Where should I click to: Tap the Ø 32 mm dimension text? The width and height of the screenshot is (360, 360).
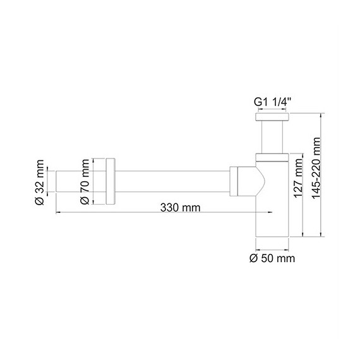[39, 183]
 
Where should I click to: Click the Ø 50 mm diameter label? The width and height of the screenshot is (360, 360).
[272, 258]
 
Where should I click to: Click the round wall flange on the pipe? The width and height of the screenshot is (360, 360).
[111, 182]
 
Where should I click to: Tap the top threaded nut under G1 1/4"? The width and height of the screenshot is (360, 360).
[272, 117]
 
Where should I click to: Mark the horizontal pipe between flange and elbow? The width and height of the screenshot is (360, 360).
[171, 182]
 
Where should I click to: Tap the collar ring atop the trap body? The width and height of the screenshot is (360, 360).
[272, 158]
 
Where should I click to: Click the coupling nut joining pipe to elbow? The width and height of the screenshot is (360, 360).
[234, 182]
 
